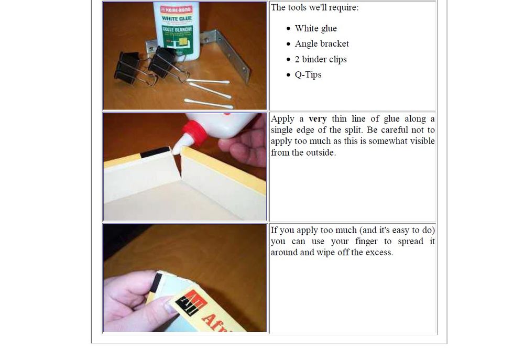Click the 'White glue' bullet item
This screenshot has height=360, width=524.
(315, 28)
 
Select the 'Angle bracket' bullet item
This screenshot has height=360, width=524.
(322, 44)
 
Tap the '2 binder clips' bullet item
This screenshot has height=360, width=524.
(321, 59)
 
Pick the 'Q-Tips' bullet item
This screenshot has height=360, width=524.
(308, 74)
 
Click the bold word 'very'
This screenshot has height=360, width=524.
(318, 119)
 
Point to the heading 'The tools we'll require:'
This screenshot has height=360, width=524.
(314, 7)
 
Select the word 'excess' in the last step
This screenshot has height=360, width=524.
(378, 253)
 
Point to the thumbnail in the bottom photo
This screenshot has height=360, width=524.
(171, 308)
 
